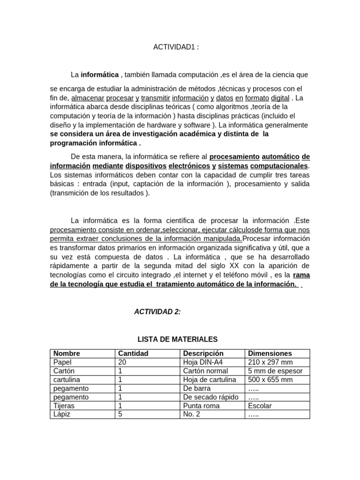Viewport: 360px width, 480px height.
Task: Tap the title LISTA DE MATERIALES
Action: click(x=177, y=339)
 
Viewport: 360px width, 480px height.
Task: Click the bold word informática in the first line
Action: click(x=100, y=75)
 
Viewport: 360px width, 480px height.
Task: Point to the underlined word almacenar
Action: click(x=88, y=98)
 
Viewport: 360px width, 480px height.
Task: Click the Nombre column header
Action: click(x=67, y=353)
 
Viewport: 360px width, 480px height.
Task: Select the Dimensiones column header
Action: click(x=270, y=353)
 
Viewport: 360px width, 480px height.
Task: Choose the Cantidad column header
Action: click(x=133, y=353)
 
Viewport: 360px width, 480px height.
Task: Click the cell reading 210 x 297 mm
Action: click(x=270, y=362)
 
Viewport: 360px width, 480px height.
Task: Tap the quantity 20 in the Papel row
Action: click(x=122, y=362)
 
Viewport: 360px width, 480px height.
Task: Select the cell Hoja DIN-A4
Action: click(x=202, y=362)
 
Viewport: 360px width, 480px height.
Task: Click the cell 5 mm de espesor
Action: click(x=275, y=371)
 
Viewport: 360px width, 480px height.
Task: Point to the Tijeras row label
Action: click(x=64, y=406)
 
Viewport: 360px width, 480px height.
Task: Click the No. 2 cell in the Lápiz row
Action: click(x=192, y=414)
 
